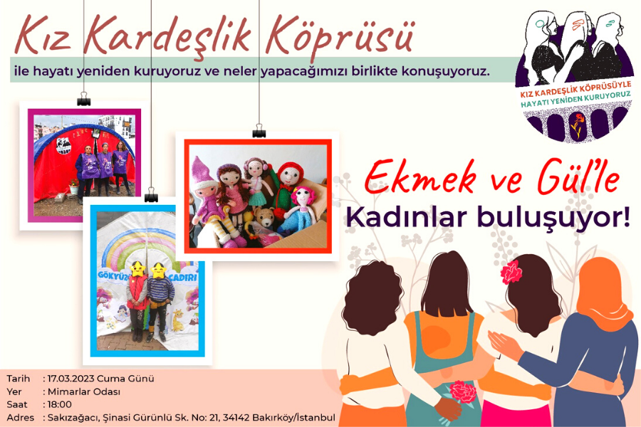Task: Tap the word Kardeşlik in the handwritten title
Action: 167,35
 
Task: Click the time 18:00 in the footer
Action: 60,404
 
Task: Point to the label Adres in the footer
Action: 21,418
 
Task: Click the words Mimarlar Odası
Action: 84,391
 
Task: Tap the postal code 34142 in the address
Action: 236,418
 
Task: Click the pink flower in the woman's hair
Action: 511,272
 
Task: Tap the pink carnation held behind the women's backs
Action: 463,392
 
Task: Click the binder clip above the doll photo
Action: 259,132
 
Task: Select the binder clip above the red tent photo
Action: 84,100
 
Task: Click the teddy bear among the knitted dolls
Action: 265,218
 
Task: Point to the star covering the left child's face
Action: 137,269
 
